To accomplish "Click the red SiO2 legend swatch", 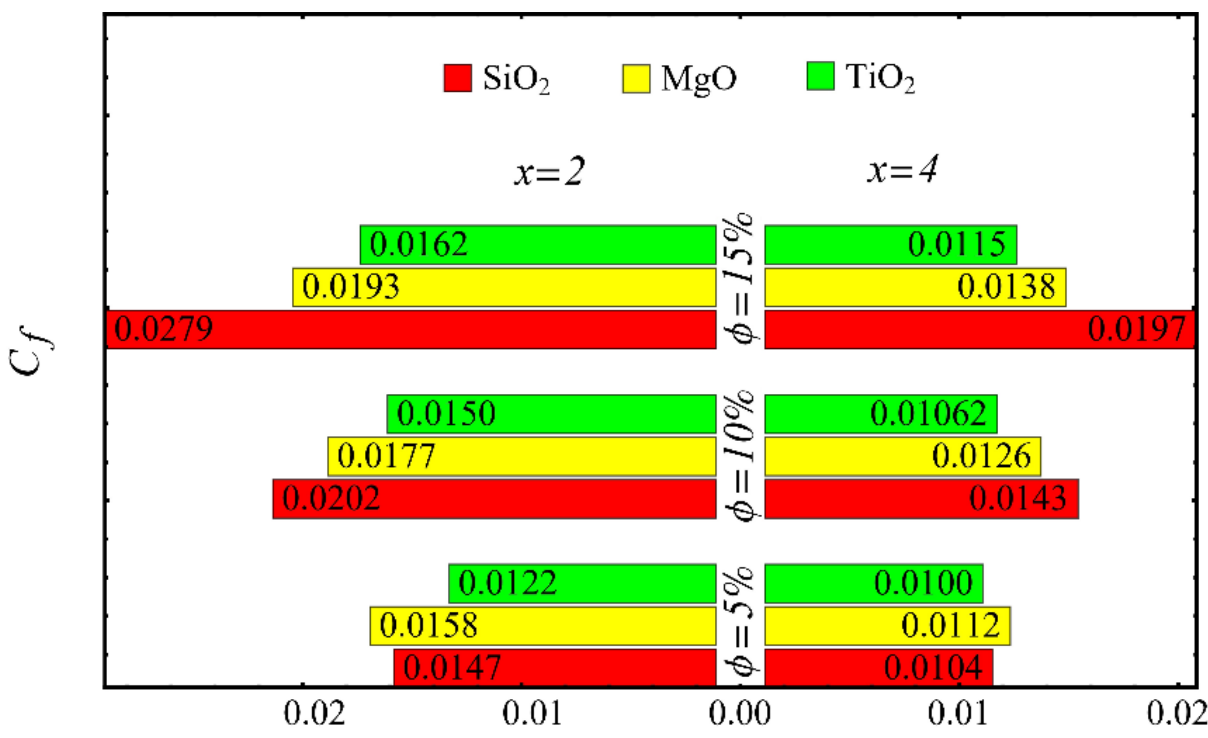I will click(x=457, y=78).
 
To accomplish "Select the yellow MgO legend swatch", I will click(x=635, y=78).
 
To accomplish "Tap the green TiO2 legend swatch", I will click(x=820, y=76).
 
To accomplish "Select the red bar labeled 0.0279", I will click(x=411, y=329).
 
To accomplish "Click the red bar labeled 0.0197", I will click(x=979, y=329).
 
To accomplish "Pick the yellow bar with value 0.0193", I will click(x=504, y=287).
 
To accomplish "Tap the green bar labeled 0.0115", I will click(x=890, y=244).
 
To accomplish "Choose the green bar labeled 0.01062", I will click(x=880, y=413).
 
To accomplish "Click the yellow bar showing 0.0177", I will click(x=522, y=456).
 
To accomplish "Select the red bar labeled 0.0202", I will click(x=494, y=498).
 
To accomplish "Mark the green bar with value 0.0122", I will click(x=582, y=583).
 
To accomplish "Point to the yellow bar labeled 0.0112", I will click(x=886, y=625).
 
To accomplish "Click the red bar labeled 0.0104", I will click(x=878, y=667).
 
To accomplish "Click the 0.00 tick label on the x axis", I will click(x=740, y=714).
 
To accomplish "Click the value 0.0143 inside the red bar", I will click(x=1017, y=498).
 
